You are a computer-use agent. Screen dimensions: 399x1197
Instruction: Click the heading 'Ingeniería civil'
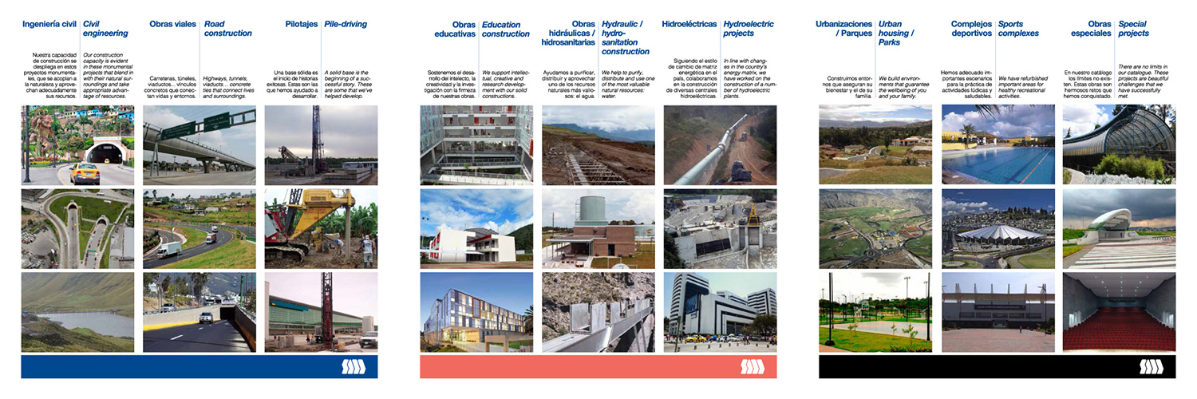pyautogui.click(x=49, y=24)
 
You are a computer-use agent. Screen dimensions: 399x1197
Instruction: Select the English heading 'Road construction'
pyautogui.click(x=227, y=29)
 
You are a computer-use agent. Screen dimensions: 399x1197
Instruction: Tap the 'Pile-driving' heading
pyautogui.click(x=346, y=24)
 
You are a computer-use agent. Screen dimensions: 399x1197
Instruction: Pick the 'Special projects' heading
pyautogui.click(x=1134, y=29)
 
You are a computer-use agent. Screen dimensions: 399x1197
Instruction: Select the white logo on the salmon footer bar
pyautogui.click(x=752, y=366)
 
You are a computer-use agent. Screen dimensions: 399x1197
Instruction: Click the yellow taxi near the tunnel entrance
pyautogui.click(x=84, y=172)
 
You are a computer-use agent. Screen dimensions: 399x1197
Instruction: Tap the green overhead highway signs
pyautogui.click(x=199, y=125)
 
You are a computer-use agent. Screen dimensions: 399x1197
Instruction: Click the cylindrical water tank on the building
pyautogui.click(x=593, y=209)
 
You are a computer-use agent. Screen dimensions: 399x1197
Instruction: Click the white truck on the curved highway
pyautogui.click(x=169, y=250)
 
